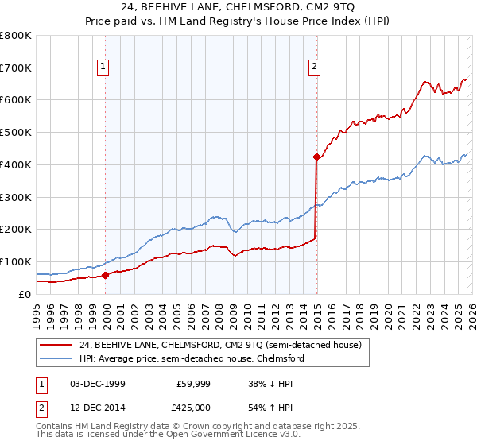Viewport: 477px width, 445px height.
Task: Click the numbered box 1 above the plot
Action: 104,68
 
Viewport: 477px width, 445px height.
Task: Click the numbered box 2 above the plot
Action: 315,68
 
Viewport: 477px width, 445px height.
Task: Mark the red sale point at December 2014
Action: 316,157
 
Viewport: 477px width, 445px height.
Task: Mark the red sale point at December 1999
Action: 106,275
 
